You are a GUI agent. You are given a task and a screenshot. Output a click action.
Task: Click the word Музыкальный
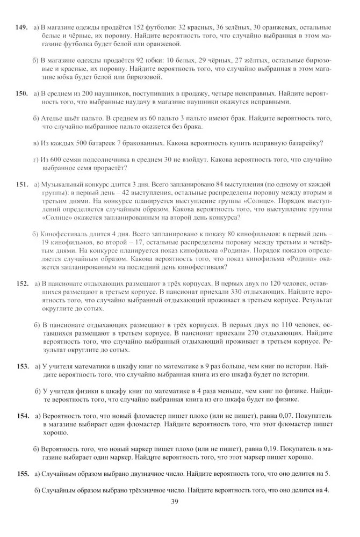pos(64,184)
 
